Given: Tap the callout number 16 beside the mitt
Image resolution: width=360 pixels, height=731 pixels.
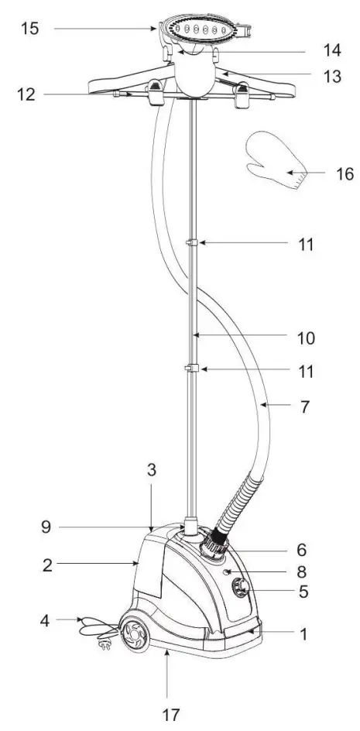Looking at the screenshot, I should [344, 173].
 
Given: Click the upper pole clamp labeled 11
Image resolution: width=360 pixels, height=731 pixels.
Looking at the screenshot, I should [190, 245].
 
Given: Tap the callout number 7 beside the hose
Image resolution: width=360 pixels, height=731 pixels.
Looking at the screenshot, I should [304, 406].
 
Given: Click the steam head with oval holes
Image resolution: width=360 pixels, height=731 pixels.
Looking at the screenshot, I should [199, 35].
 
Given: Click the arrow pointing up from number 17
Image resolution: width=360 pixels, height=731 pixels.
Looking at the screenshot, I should [167, 674].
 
